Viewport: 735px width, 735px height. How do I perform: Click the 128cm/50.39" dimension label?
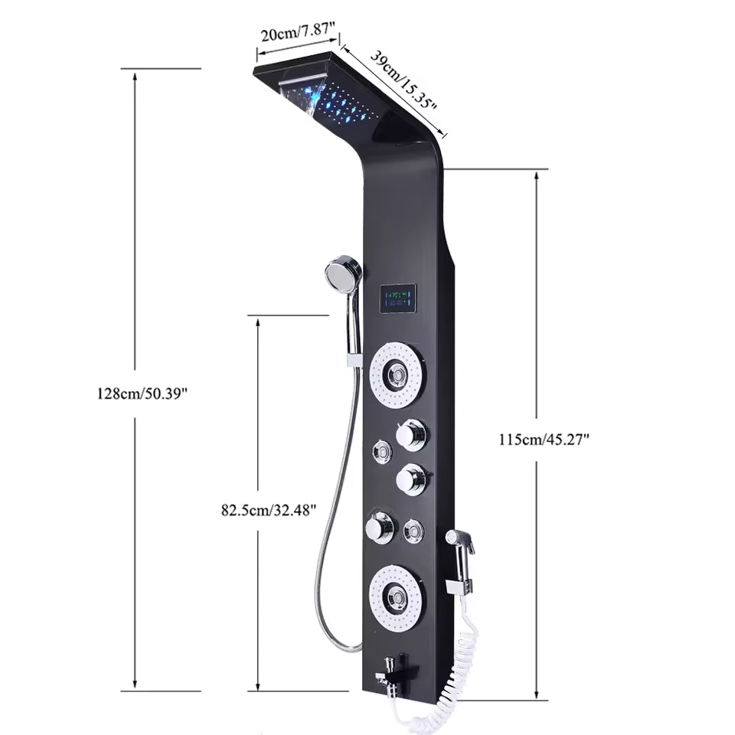click(142, 394)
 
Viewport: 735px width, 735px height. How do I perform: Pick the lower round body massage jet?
click(397, 596)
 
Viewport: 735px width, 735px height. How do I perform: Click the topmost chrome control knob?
click(410, 434)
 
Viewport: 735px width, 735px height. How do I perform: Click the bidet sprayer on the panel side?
click(461, 545)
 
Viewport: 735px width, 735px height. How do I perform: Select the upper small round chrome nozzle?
click(381, 452)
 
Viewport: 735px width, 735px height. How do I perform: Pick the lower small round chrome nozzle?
click(414, 531)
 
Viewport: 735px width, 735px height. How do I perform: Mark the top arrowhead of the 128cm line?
click(136, 77)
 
